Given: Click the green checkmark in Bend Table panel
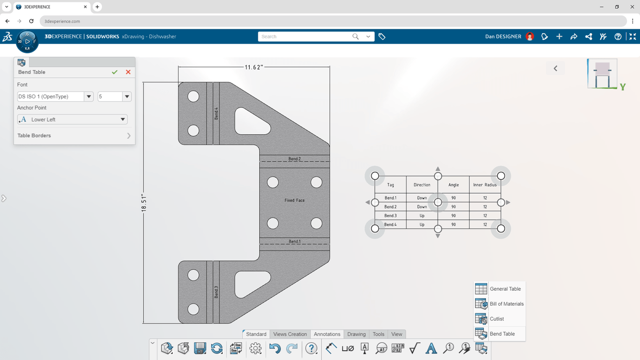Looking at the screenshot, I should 115,72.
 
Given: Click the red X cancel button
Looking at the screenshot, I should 128,72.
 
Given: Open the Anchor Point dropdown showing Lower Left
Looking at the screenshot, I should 72,119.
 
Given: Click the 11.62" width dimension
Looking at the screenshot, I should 254,67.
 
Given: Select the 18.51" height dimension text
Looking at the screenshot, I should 144,202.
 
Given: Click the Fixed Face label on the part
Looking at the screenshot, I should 294,200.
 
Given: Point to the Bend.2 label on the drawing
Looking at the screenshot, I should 294,159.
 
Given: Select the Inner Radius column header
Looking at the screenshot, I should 485,185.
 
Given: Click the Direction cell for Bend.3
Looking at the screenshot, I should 421,216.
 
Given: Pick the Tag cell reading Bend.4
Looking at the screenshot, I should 390,224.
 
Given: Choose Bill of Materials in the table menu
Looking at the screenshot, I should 506,304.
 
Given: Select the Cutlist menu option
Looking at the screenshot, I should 496,319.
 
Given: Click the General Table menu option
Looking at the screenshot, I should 505,289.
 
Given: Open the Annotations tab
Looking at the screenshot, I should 327,334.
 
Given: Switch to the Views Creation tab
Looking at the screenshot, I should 290,334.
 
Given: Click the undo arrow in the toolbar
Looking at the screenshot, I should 275,349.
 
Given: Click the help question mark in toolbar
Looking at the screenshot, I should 311,349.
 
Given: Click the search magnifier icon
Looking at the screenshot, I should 355,37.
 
